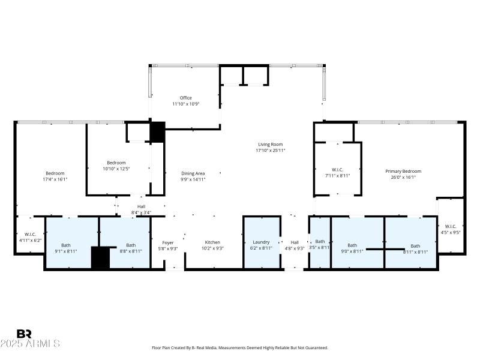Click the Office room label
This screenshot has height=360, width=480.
coord(185,98)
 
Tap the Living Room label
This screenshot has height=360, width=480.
coord(270,144)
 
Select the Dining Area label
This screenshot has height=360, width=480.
coord(193,173)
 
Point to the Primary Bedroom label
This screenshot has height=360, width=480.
coord(403,171)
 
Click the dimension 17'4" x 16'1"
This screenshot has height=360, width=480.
coord(55,179)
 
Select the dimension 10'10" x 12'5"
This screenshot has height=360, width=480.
coord(116,169)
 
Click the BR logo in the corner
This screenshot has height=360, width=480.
coord(24,334)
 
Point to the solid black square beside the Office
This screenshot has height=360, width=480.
coord(157,132)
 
